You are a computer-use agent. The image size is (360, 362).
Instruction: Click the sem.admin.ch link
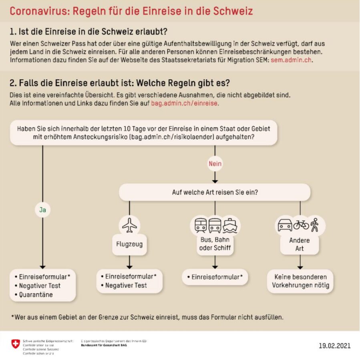(x=291, y=60)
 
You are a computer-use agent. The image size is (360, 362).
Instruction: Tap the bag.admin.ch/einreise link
(x=184, y=103)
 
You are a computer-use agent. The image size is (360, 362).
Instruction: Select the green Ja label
(x=42, y=209)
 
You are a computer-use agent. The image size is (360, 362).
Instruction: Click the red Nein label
(x=215, y=163)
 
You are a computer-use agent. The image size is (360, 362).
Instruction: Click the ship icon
(x=231, y=226)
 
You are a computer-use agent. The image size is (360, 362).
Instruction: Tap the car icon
(x=285, y=225)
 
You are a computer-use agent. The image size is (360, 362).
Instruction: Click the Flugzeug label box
(x=129, y=244)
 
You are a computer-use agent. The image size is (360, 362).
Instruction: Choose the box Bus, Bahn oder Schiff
(x=215, y=244)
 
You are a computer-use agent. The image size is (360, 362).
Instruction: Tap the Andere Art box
(x=300, y=244)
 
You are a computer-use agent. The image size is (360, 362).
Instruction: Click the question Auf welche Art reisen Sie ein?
(x=215, y=192)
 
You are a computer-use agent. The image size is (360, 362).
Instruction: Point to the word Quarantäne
(x=36, y=295)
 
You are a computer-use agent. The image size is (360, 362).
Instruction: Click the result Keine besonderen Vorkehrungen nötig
(x=300, y=281)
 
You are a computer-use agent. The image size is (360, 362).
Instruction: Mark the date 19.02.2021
(x=334, y=345)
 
